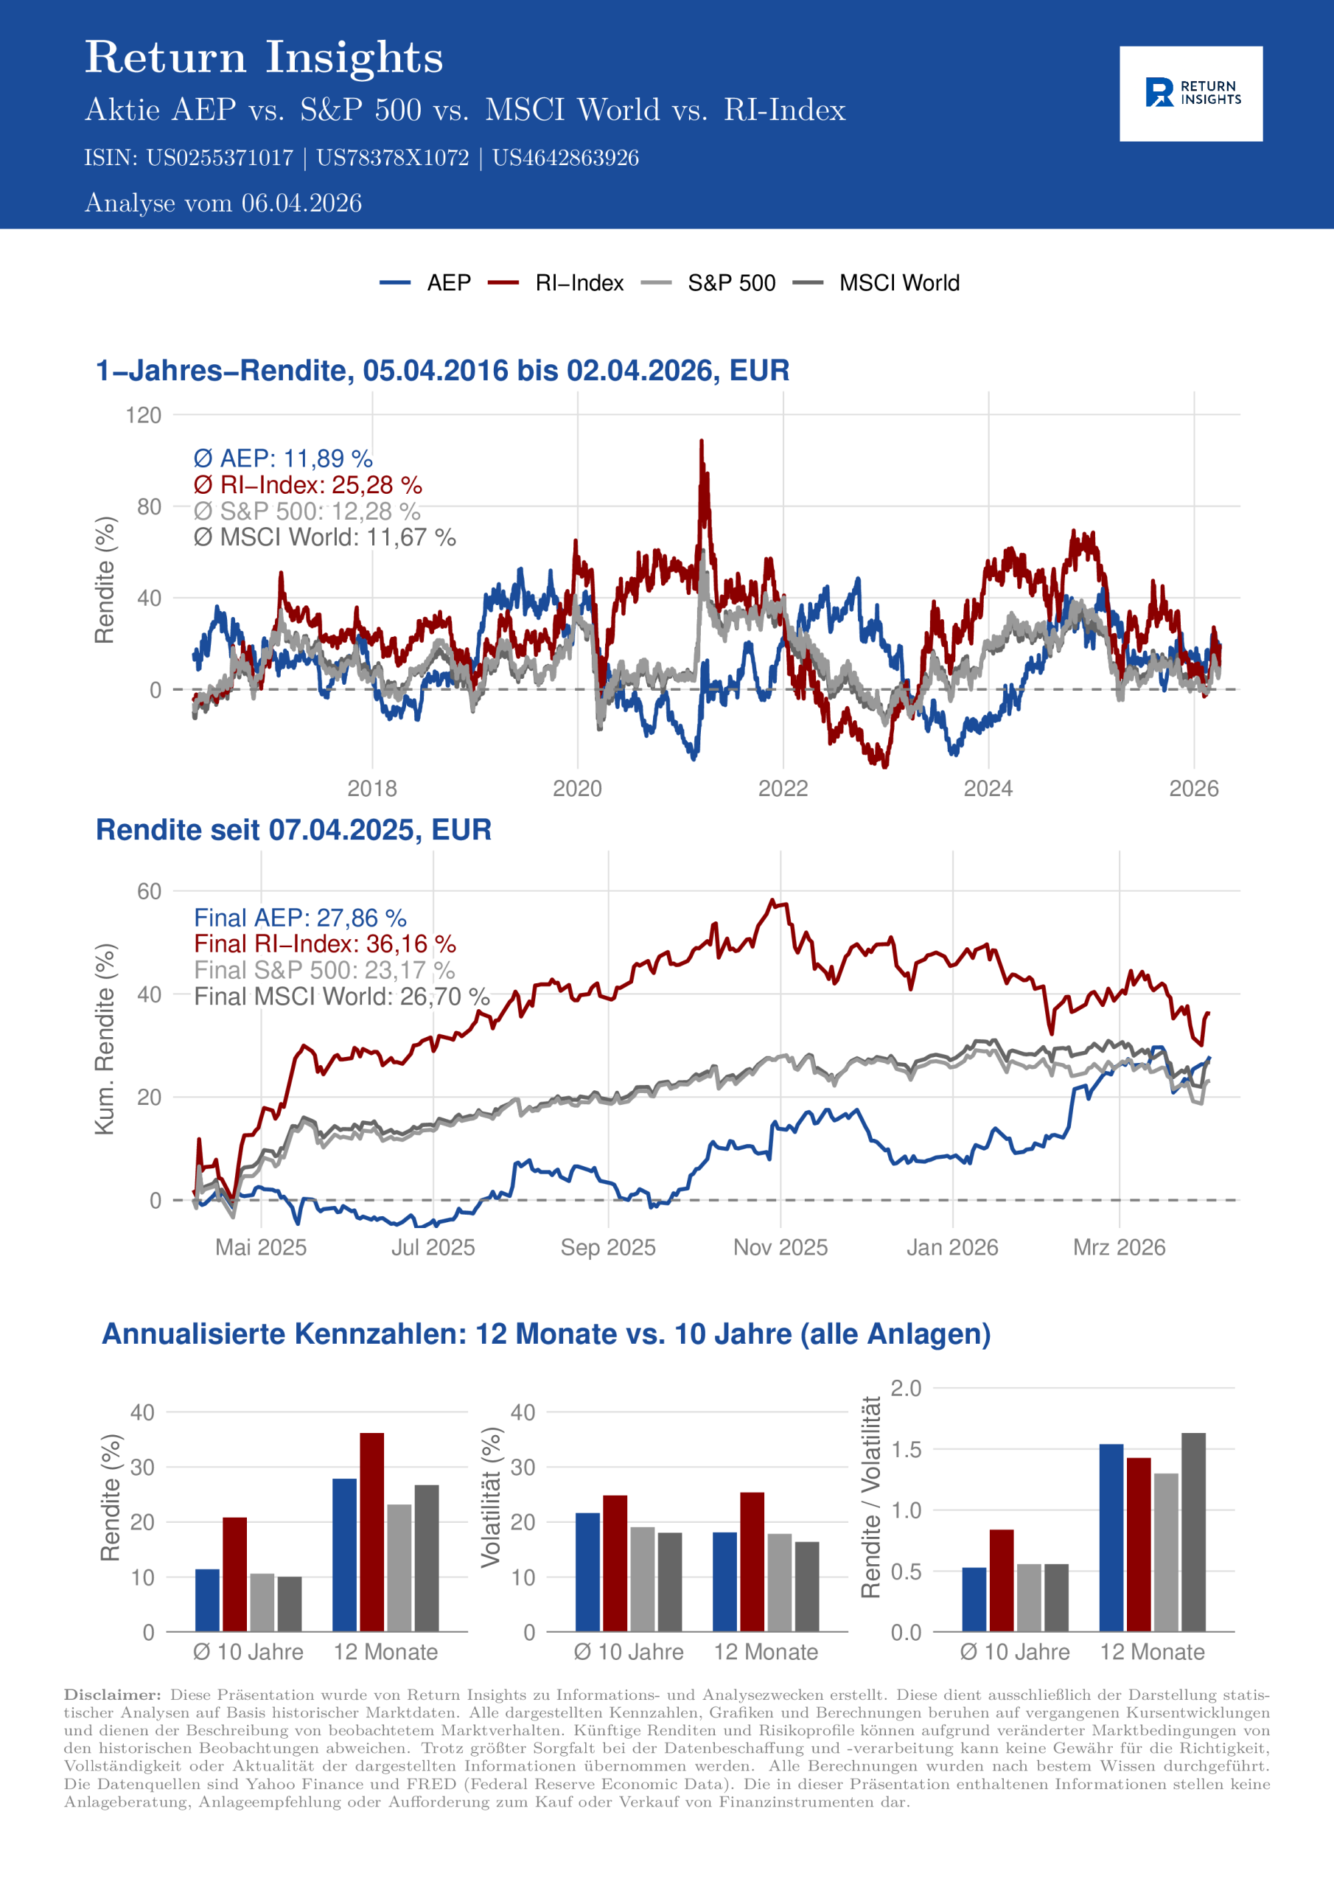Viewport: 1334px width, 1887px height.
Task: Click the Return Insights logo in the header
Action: [x=1190, y=93]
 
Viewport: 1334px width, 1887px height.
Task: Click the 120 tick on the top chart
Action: [x=144, y=415]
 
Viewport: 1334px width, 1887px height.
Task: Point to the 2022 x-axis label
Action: [x=783, y=789]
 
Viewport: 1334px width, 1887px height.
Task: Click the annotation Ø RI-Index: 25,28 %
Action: [x=307, y=485]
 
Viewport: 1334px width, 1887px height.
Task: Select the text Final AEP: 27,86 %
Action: [x=300, y=917]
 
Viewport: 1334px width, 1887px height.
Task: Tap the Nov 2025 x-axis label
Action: [x=780, y=1248]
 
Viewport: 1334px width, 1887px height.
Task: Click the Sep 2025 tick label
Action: [x=607, y=1248]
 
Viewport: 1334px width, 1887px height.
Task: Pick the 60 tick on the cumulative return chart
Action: [x=150, y=892]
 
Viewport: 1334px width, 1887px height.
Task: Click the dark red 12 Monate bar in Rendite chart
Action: [x=371, y=1532]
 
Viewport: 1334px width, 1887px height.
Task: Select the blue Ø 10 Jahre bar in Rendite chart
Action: [x=207, y=1600]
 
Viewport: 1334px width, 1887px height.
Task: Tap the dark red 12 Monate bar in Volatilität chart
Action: [x=752, y=1561]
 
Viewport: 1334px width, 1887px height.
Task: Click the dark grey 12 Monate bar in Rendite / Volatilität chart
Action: [x=1193, y=1532]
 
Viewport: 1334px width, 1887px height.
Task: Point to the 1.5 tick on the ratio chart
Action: [x=906, y=1450]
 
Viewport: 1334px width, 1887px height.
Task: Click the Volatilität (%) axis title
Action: [x=491, y=1496]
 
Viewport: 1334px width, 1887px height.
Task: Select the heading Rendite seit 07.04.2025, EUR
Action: [x=293, y=830]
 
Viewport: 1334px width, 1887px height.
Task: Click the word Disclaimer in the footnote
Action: [x=113, y=1695]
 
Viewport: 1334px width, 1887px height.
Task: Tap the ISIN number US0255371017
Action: [x=220, y=158]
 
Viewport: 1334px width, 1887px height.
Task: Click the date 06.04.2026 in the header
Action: [x=301, y=203]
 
